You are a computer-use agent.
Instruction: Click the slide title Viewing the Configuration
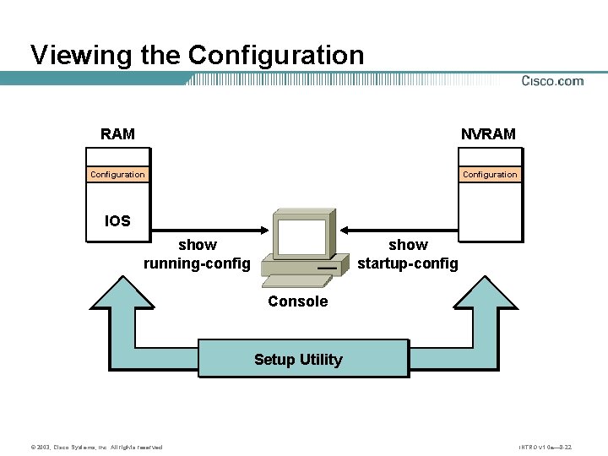[197, 55]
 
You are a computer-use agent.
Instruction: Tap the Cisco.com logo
[552, 81]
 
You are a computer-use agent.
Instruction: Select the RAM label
[117, 133]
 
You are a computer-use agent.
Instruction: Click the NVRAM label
[488, 133]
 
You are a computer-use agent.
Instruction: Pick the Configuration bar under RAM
[117, 175]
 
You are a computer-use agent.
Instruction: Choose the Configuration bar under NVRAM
[489, 175]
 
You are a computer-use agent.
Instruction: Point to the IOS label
[117, 221]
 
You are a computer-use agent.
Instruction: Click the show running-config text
[197, 254]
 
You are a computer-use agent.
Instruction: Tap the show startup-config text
[408, 254]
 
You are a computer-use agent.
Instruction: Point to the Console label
[297, 301]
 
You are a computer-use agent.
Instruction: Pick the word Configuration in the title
[276, 55]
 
